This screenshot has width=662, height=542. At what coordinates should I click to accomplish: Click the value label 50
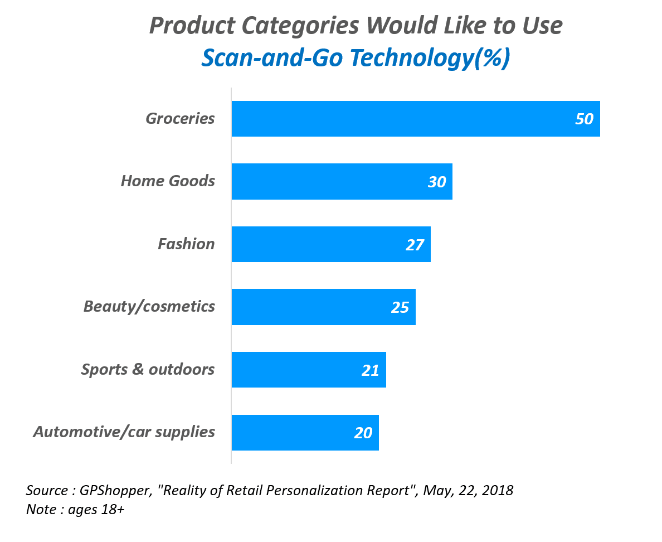click(584, 119)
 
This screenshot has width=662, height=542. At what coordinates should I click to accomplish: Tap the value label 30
click(437, 182)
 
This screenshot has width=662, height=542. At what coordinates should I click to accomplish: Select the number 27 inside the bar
click(415, 245)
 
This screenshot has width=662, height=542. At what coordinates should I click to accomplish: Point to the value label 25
click(400, 307)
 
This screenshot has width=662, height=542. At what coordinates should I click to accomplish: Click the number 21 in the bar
click(371, 370)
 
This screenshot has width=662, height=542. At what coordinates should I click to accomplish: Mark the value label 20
click(363, 433)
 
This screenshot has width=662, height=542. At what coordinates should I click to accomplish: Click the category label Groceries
click(180, 119)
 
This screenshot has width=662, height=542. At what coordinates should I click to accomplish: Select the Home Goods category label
click(168, 181)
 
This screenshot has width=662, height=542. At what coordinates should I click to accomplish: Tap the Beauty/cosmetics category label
click(149, 306)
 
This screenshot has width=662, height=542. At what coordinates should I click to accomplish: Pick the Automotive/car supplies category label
click(124, 432)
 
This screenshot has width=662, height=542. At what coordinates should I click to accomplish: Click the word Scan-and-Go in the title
click(272, 58)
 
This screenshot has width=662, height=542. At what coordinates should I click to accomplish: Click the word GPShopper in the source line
click(113, 491)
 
